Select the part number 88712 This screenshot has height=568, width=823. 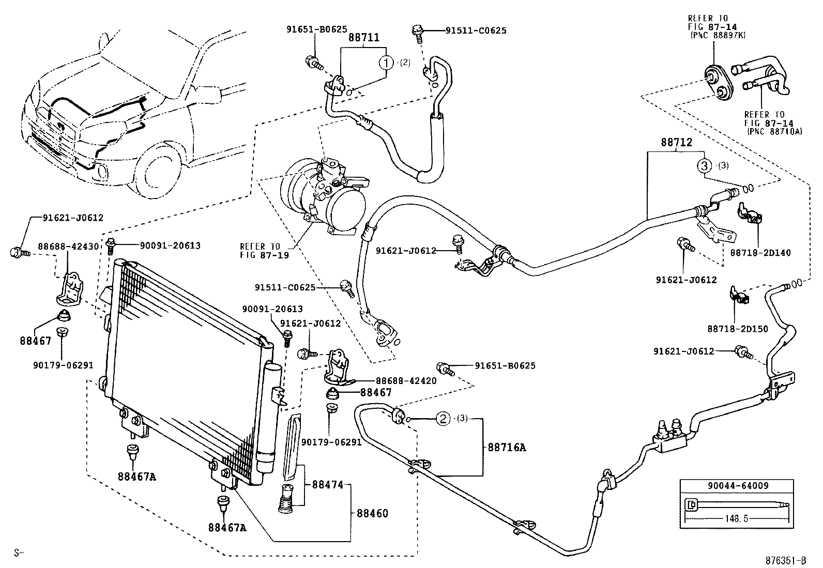coord(676,143)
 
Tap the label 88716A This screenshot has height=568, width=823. coord(507,448)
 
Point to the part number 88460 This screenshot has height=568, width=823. coord(372,513)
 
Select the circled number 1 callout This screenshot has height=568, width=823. coord(386,63)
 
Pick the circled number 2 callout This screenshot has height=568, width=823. coord(443,419)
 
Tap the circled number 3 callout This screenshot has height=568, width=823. coord(704,166)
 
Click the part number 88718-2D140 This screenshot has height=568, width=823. coord(760,253)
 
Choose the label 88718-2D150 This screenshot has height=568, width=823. coord(737,329)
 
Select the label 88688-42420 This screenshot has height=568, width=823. coord(406,381)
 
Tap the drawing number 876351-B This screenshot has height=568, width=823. coord(786,560)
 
